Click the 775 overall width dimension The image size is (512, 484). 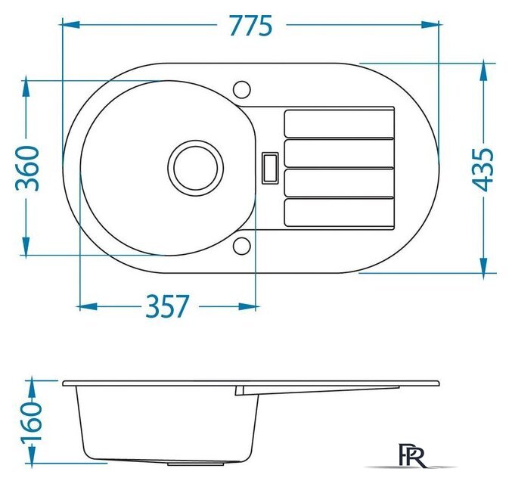[x=251, y=26]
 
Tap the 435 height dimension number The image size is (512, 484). [x=483, y=169]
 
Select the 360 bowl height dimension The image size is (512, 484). [x=27, y=169]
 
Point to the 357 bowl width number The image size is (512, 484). [x=167, y=306]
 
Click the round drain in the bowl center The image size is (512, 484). [x=196, y=168]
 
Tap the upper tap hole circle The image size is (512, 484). [x=242, y=89]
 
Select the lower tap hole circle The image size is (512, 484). [x=242, y=247]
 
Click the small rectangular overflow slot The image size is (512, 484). [x=270, y=168]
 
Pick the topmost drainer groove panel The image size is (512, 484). [x=340, y=124]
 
